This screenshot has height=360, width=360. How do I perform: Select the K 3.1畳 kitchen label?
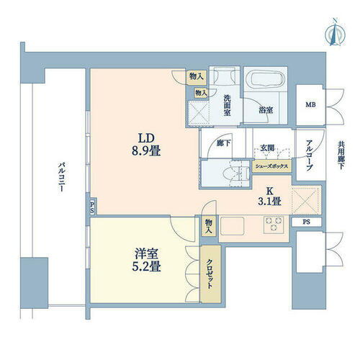click(270, 196)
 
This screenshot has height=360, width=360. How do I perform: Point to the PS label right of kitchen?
click(307, 222)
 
